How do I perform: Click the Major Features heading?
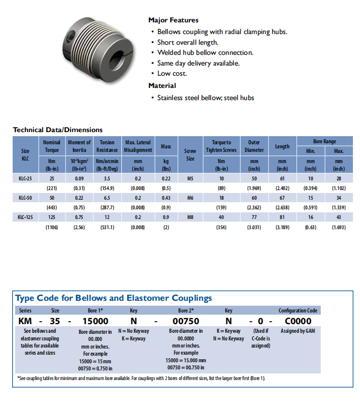173,20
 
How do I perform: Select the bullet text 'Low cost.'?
172,74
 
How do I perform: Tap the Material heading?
162,86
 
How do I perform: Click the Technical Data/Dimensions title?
57,130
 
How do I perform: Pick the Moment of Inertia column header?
79,146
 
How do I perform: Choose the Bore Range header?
324,141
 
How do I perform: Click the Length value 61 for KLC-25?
282,179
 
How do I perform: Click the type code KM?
25,321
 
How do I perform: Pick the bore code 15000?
95,321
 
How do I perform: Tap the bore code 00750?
186,321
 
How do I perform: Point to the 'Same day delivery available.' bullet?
198,64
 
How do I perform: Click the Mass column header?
166,146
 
